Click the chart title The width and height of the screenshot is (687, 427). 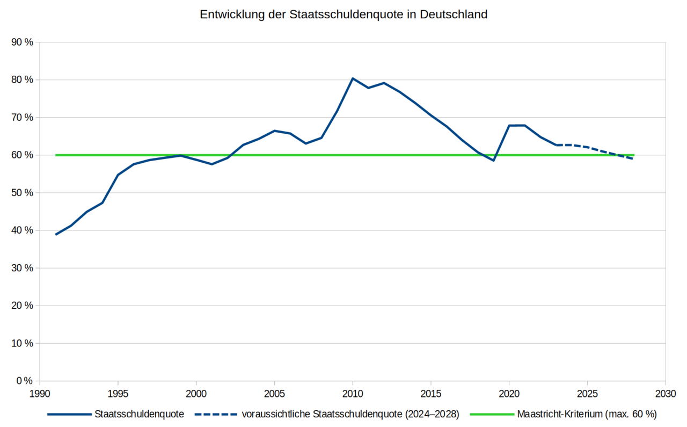click(343, 15)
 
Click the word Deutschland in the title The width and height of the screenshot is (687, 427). click(454, 15)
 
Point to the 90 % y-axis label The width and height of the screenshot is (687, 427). click(22, 42)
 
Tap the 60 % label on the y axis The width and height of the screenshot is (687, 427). click(22, 155)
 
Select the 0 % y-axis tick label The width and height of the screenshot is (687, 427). click(25, 381)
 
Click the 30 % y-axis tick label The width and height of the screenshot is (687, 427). click(22, 268)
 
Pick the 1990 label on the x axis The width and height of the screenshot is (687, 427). click(40, 394)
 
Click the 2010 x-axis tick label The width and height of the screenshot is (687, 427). click(353, 394)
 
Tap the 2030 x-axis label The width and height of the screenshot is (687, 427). click(666, 394)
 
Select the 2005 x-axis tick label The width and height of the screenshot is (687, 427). click(274, 394)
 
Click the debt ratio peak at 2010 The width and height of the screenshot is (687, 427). click(353, 78)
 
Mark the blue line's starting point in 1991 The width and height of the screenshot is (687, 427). click(56, 235)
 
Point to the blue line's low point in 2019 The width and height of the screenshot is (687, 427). click(493, 161)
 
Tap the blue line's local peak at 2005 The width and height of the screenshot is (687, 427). click(274, 131)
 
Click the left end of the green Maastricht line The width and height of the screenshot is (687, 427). click(56, 155)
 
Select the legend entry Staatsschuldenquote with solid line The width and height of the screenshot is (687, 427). click(115, 414)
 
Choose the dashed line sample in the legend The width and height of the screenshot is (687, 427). click(216, 415)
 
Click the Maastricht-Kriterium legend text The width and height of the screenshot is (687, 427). click(587, 414)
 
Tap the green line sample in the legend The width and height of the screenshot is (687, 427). click(492, 415)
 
